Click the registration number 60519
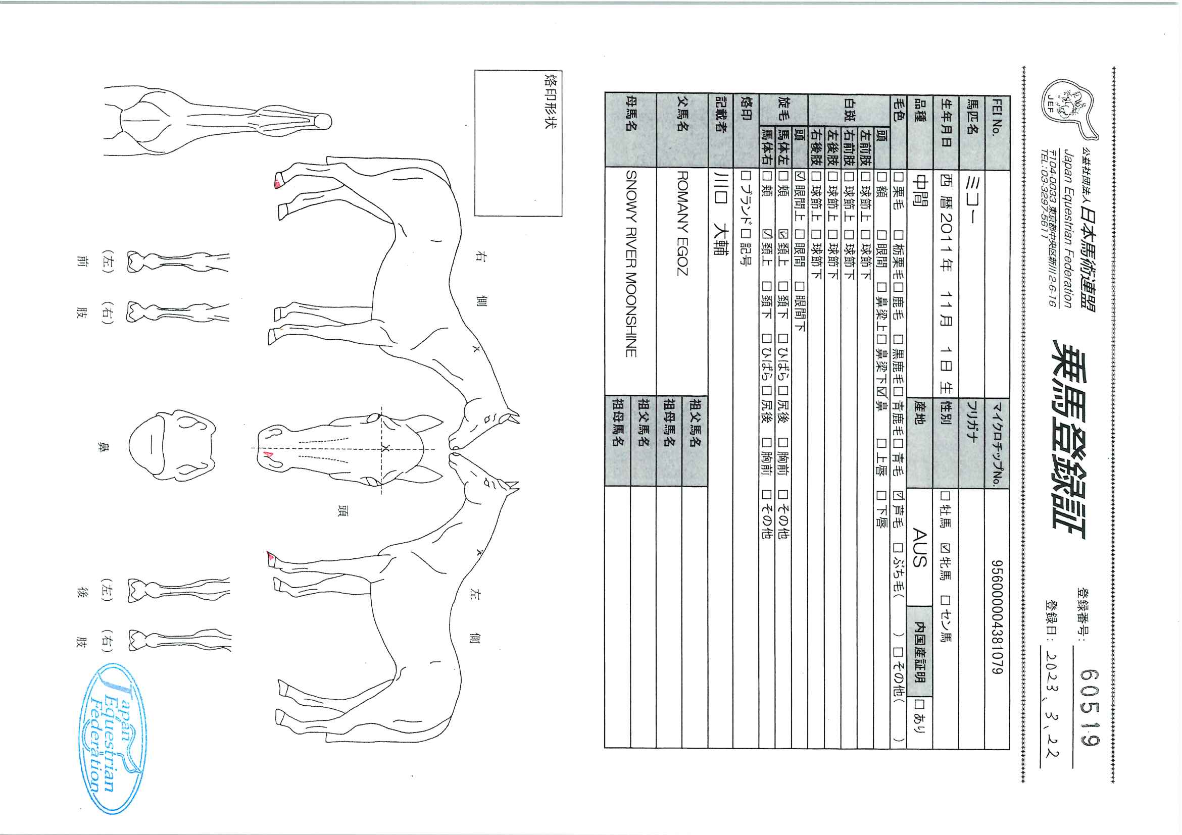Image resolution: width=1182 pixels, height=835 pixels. pyautogui.click(x=1090, y=707)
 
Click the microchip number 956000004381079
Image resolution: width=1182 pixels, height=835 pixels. pyautogui.click(x=997, y=617)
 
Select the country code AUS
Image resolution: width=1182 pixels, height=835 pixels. pyautogui.click(x=919, y=547)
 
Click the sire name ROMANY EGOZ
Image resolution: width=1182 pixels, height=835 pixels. pyautogui.click(x=682, y=223)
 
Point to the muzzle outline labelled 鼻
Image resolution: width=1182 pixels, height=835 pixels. pyautogui.click(x=172, y=446)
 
